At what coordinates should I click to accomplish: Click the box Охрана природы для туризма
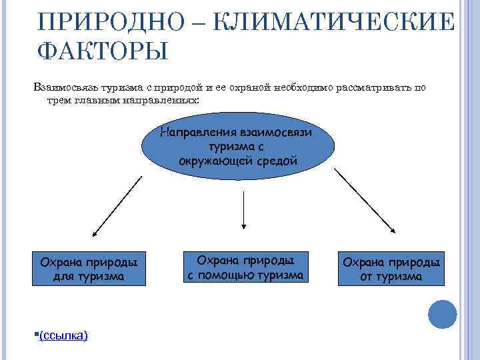point(89,269)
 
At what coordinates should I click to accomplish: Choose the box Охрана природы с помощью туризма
point(245,267)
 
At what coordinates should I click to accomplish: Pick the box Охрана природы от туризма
point(391,269)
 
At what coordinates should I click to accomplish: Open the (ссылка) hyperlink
point(64,335)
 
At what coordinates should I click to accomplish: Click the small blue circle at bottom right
point(441,314)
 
